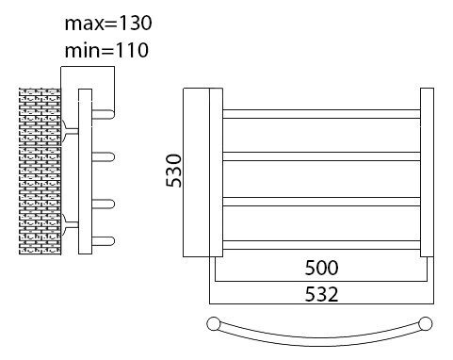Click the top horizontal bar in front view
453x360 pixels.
[x=321, y=114]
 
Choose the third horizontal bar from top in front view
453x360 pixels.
[x=321, y=201]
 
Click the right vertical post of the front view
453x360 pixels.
[x=427, y=172]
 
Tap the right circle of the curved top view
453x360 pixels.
[x=427, y=325]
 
